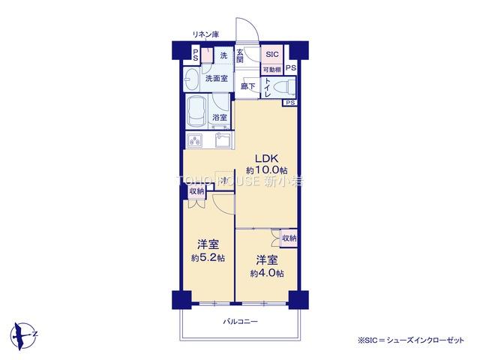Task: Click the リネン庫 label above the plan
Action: [204, 34]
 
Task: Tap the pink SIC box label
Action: [271, 55]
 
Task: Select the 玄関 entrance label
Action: [240, 56]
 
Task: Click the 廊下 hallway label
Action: [247, 87]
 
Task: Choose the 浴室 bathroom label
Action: [220, 118]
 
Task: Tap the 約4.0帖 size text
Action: [267, 274]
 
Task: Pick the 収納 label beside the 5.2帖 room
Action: [196, 192]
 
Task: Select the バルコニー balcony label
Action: [240, 322]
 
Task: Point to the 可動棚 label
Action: [271, 70]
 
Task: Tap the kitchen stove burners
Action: [195, 140]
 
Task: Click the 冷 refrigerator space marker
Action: [223, 180]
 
